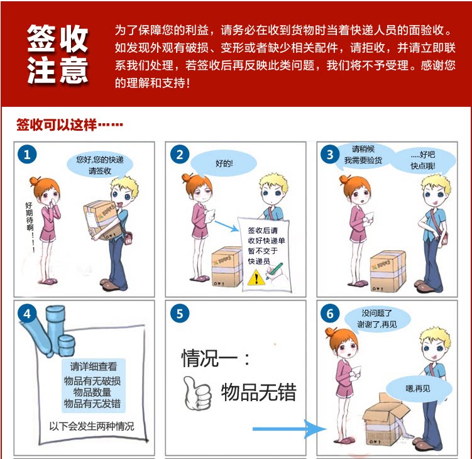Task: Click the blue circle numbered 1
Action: (27, 154)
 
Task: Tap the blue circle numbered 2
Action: (180, 154)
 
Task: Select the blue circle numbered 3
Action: (330, 154)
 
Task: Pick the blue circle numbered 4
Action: (27, 313)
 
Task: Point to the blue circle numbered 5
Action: (180, 313)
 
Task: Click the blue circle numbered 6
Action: (330, 313)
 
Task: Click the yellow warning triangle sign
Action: (256, 279)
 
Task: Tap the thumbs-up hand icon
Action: (197, 393)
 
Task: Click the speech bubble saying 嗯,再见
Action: (419, 389)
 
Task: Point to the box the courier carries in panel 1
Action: (102, 221)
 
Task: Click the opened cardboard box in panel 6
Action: (387, 419)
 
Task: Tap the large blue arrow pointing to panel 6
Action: (290, 429)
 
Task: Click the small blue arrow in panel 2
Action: (227, 226)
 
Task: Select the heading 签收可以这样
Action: (57, 124)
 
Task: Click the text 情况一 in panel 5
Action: (209, 358)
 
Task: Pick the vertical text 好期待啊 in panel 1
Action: (29, 216)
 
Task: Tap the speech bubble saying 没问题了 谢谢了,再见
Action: (377, 319)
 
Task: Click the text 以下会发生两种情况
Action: (92, 426)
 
